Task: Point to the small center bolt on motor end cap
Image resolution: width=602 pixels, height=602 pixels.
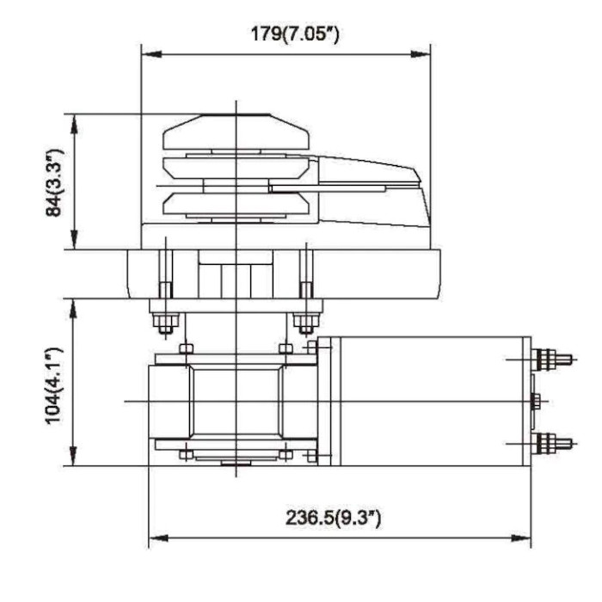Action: point(536,401)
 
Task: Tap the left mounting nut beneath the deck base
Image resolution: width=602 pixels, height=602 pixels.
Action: point(164,323)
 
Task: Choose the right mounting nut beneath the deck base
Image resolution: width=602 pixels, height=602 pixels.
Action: point(304,323)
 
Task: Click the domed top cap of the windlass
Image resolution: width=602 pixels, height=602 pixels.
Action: point(235,129)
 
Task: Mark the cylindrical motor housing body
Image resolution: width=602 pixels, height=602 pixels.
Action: point(430,401)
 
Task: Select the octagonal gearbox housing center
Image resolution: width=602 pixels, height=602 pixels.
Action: point(235,401)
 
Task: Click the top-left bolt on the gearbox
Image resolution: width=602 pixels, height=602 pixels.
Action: point(185,348)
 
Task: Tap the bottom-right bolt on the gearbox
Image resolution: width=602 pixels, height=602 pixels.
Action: point(286,454)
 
